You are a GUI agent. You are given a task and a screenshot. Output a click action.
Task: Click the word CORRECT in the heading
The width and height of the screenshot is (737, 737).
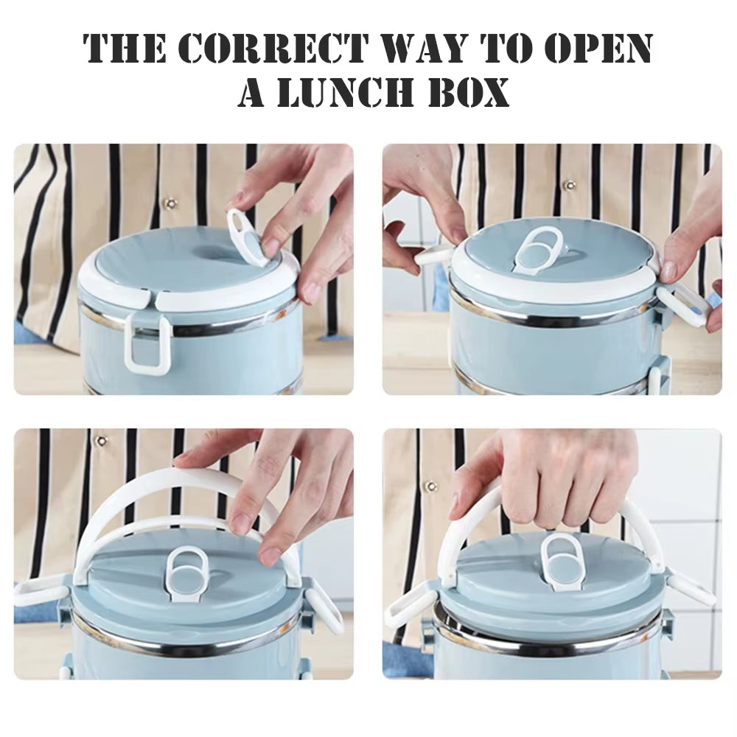[272, 48]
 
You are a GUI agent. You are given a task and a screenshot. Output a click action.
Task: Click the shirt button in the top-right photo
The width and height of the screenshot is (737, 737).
[568, 185]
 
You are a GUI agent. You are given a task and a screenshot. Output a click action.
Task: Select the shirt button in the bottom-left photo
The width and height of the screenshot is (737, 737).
[102, 441]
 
